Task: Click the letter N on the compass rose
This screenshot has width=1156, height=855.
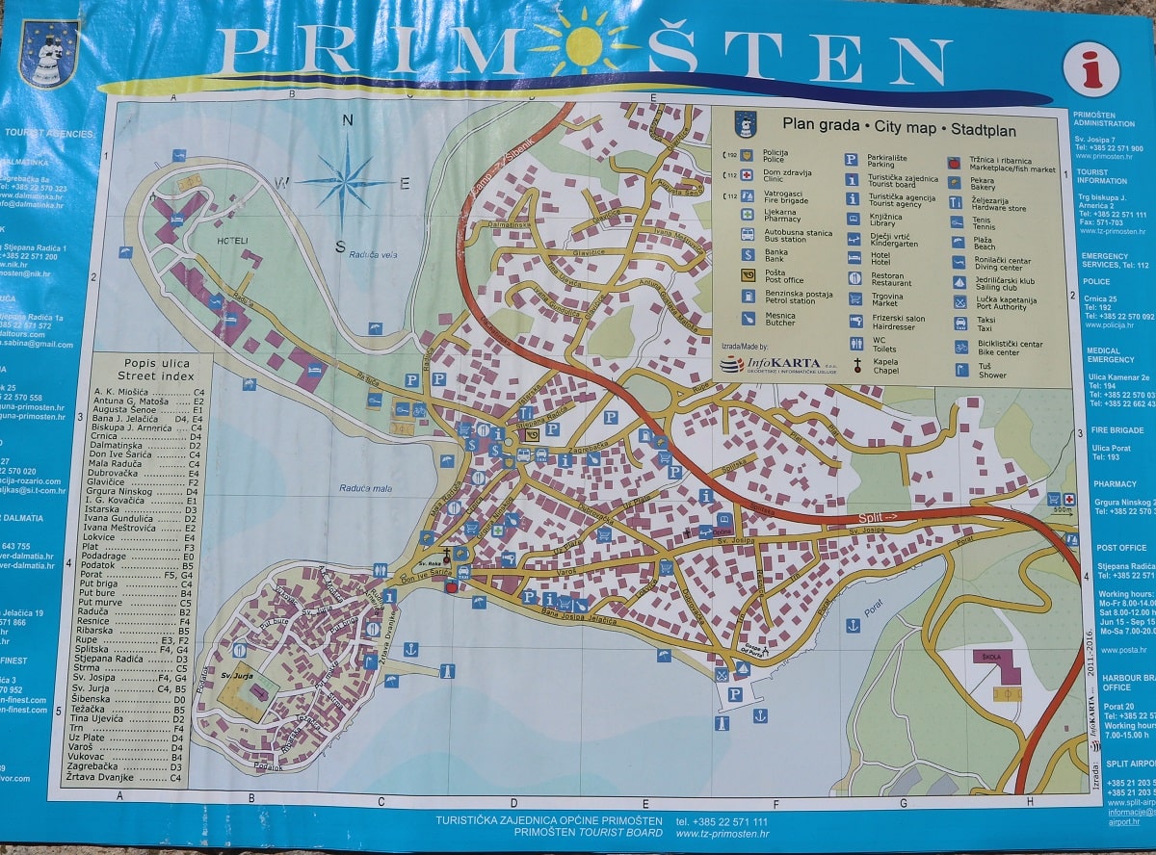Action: point(348,120)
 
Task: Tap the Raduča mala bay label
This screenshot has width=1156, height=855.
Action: point(365,488)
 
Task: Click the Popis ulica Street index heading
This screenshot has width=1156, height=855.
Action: point(156,370)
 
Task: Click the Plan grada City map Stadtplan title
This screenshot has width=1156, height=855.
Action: point(899,124)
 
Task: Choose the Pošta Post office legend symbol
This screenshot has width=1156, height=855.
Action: point(747,274)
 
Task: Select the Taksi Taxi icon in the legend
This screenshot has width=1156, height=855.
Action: point(959,323)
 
